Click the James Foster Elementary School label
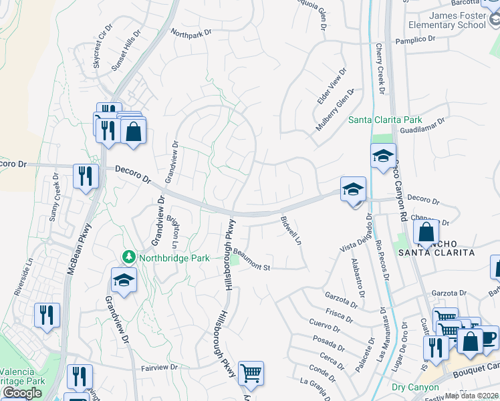(x=457, y=20)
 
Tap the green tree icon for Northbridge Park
(x=128, y=257)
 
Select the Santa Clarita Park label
(x=384, y=120)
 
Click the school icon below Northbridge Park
(x=124, y=280)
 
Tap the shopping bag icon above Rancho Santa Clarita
(x=426, y=233)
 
